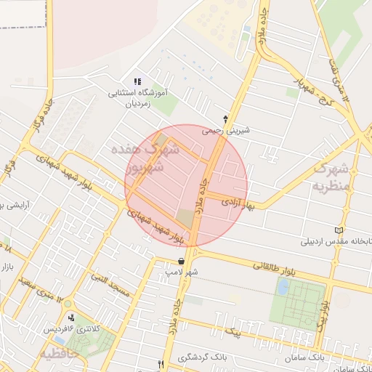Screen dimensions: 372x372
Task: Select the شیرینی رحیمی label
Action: point(226,132)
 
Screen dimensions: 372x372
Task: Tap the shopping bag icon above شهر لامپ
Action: point(181,262)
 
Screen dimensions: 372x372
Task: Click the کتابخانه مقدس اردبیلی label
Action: point(339,241)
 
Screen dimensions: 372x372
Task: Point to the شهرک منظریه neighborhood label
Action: point(332,177)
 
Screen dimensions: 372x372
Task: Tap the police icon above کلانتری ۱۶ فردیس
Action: point(71,318)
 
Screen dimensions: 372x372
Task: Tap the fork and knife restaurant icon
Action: point(161,364)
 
